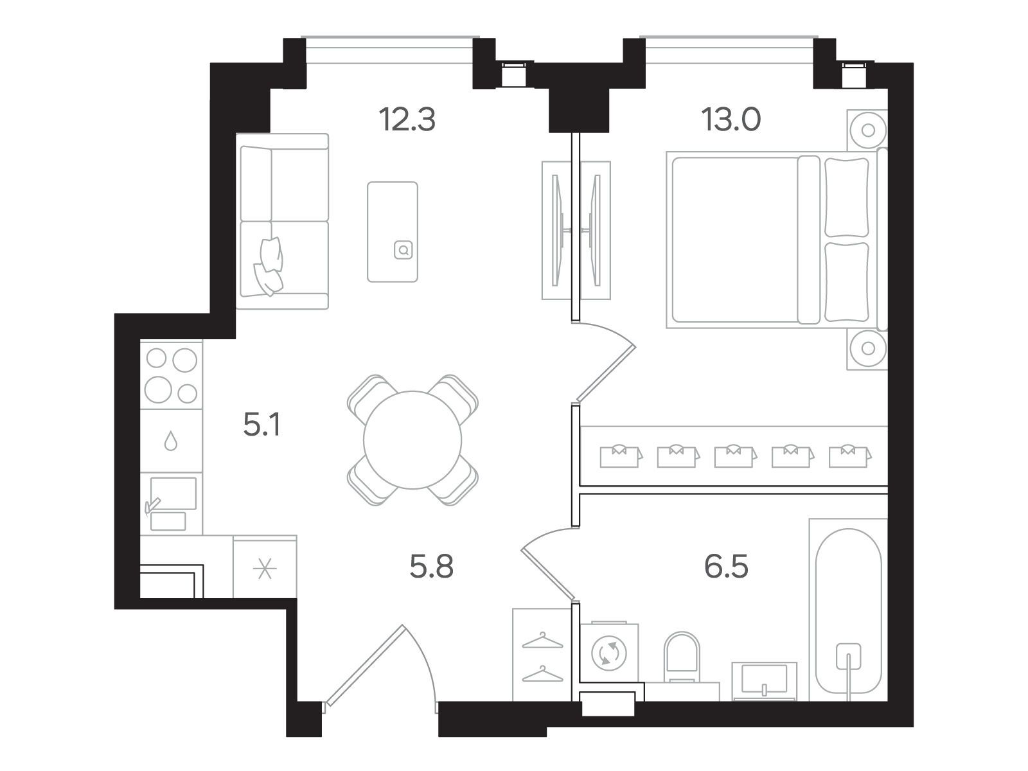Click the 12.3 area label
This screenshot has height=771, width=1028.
tap(407, 120)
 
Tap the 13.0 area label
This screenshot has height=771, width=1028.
tap(731, 120)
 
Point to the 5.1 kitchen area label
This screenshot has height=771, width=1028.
tap(261, 425)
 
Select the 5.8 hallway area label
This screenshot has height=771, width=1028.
tap(431, 567)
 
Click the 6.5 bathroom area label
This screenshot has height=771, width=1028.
tap(727, 567)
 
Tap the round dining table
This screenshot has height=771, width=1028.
tap(412, 439)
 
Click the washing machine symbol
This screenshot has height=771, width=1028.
tap(609, 653)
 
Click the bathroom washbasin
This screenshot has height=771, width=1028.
tap(765, 681)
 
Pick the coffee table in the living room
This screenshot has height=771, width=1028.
tap(393, 232)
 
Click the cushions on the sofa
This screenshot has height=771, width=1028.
tap(269, 267)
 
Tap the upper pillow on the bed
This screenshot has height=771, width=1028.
tap(847, 197)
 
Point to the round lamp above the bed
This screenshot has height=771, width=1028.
tap(868, 130)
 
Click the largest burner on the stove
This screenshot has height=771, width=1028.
tap(158, 389)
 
